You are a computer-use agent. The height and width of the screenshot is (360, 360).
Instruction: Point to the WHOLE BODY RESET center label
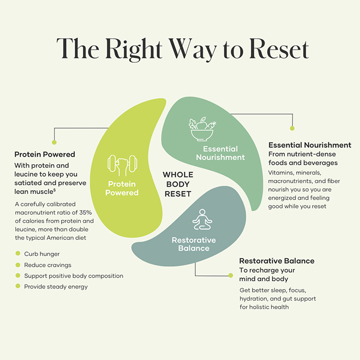click(178, 184)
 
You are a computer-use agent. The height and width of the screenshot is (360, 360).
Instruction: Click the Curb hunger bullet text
click(42, 254)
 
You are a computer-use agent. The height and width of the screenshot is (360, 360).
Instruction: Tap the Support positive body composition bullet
click(74, 275)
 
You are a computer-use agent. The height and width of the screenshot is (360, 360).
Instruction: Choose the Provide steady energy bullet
click(56, 286)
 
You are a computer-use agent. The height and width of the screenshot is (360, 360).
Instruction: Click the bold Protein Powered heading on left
click(45, 154)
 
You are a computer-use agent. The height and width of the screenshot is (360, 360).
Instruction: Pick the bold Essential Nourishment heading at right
click(309, 145)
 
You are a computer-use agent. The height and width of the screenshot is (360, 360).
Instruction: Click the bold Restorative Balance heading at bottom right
click(277, 261)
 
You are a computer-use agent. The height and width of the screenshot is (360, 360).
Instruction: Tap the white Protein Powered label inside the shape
click(122, 188)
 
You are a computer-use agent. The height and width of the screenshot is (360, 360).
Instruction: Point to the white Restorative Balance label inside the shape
click(194, 244)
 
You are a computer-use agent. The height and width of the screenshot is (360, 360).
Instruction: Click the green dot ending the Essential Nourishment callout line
click(292, 128)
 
